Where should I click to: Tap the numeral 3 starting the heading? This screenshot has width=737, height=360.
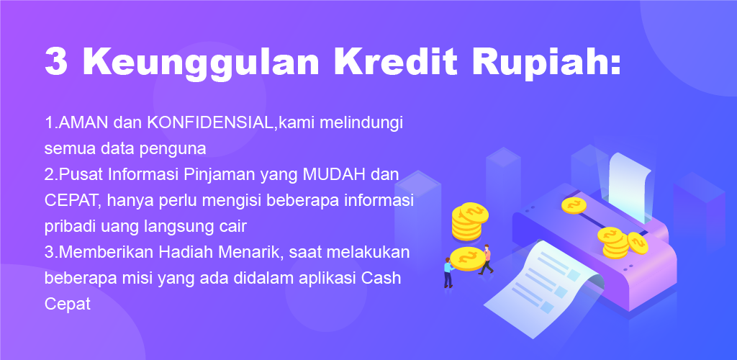(x=56, y=62)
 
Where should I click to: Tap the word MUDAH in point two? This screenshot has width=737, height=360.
(x=334, y=175)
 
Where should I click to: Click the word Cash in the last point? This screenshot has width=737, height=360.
(x=381, y=278)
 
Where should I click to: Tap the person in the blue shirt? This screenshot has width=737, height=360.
(x=448, y=273)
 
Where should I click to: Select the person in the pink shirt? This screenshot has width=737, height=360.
(x=486, y=259)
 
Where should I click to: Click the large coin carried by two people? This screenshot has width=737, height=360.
(x=467, y=258)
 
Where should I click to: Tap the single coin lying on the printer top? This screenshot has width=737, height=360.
(x=574, y=205)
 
